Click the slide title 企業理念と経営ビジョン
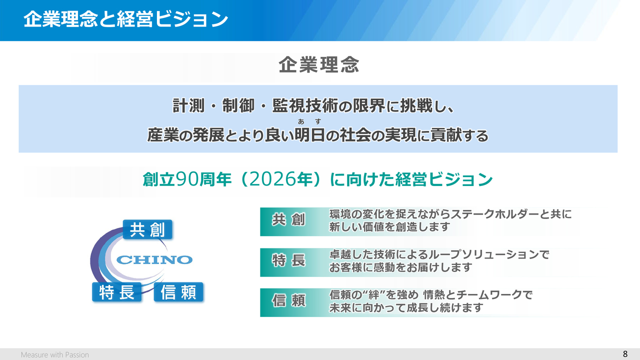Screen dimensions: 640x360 click(x=125, y=19)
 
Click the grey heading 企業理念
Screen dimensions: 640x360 click(x=319, y=64)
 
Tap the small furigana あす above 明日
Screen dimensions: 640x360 click(x=309, y=121)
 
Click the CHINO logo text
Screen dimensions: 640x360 click(x=154, y=259)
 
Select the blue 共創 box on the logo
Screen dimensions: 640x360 click(x=147, y=229)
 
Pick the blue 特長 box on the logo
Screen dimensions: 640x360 click(x=117, y=292)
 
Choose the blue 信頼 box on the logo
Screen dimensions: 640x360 click(x=178, y=292)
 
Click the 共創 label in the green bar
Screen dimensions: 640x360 click(x=288, y=219)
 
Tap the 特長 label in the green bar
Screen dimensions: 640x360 click(x=288, y=260)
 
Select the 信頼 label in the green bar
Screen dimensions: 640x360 click(x=288, y=300)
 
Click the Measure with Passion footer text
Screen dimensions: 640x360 click(x=55, y=354)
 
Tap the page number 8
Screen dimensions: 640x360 click(x=625, y=354)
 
